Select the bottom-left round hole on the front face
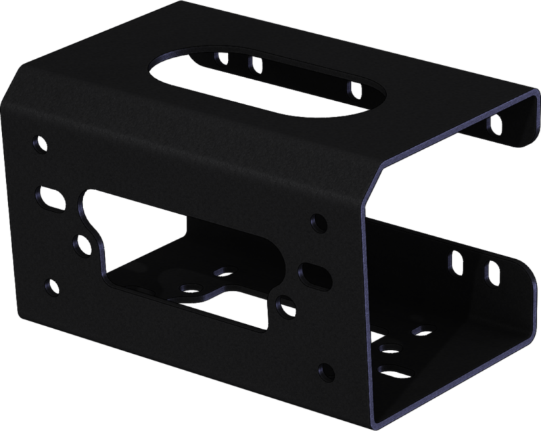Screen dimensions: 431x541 tap(49, 285)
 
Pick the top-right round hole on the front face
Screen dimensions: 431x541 tap(316, 221)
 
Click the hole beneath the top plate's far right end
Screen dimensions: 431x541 tap(496, 122)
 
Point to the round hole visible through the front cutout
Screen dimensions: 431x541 tap(191, 287)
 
